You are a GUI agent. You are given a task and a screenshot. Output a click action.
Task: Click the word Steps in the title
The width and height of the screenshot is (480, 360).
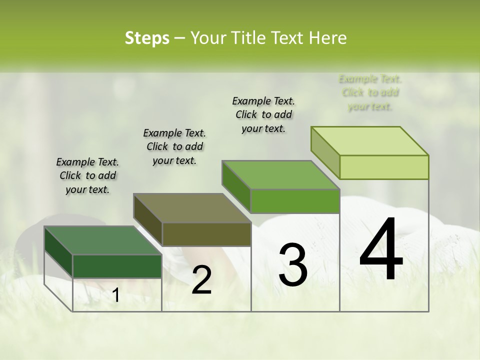pos(147,38)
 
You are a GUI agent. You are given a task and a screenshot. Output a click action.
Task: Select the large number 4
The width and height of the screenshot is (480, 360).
pos(381,249)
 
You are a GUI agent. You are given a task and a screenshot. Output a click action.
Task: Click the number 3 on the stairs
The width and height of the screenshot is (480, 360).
pos(293,264)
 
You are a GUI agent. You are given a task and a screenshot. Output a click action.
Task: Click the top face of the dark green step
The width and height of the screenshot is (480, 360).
pos(102,240)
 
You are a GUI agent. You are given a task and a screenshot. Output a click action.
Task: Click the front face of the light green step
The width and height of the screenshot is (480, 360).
pos(384,167)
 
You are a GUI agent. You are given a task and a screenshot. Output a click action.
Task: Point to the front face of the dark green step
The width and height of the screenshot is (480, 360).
pos(117,266)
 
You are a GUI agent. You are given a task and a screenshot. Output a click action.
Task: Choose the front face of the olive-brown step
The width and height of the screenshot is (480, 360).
pos(206,234)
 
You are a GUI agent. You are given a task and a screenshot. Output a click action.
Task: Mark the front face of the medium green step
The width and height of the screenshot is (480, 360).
pos(295,201)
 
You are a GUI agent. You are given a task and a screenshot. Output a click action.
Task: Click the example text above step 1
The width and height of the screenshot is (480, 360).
pos(87,175)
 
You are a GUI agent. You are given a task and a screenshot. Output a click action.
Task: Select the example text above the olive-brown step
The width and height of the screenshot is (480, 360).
pos(174,146)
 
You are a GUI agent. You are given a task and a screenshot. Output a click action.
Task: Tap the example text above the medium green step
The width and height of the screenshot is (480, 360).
pos(263,114)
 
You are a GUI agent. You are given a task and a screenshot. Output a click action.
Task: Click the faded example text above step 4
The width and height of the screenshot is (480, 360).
pos(370,92)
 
